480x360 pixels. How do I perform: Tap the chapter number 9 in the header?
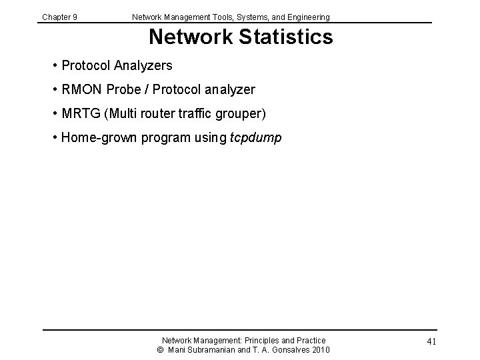(75, 17)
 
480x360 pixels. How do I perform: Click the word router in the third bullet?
(162, 114)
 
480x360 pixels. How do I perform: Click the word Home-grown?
(97, 138)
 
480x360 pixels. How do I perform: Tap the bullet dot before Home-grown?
(54, 138)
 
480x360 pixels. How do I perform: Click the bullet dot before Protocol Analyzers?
(54, 65)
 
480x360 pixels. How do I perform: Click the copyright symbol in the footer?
(160, 350)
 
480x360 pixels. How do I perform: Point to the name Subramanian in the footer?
(214, 350)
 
